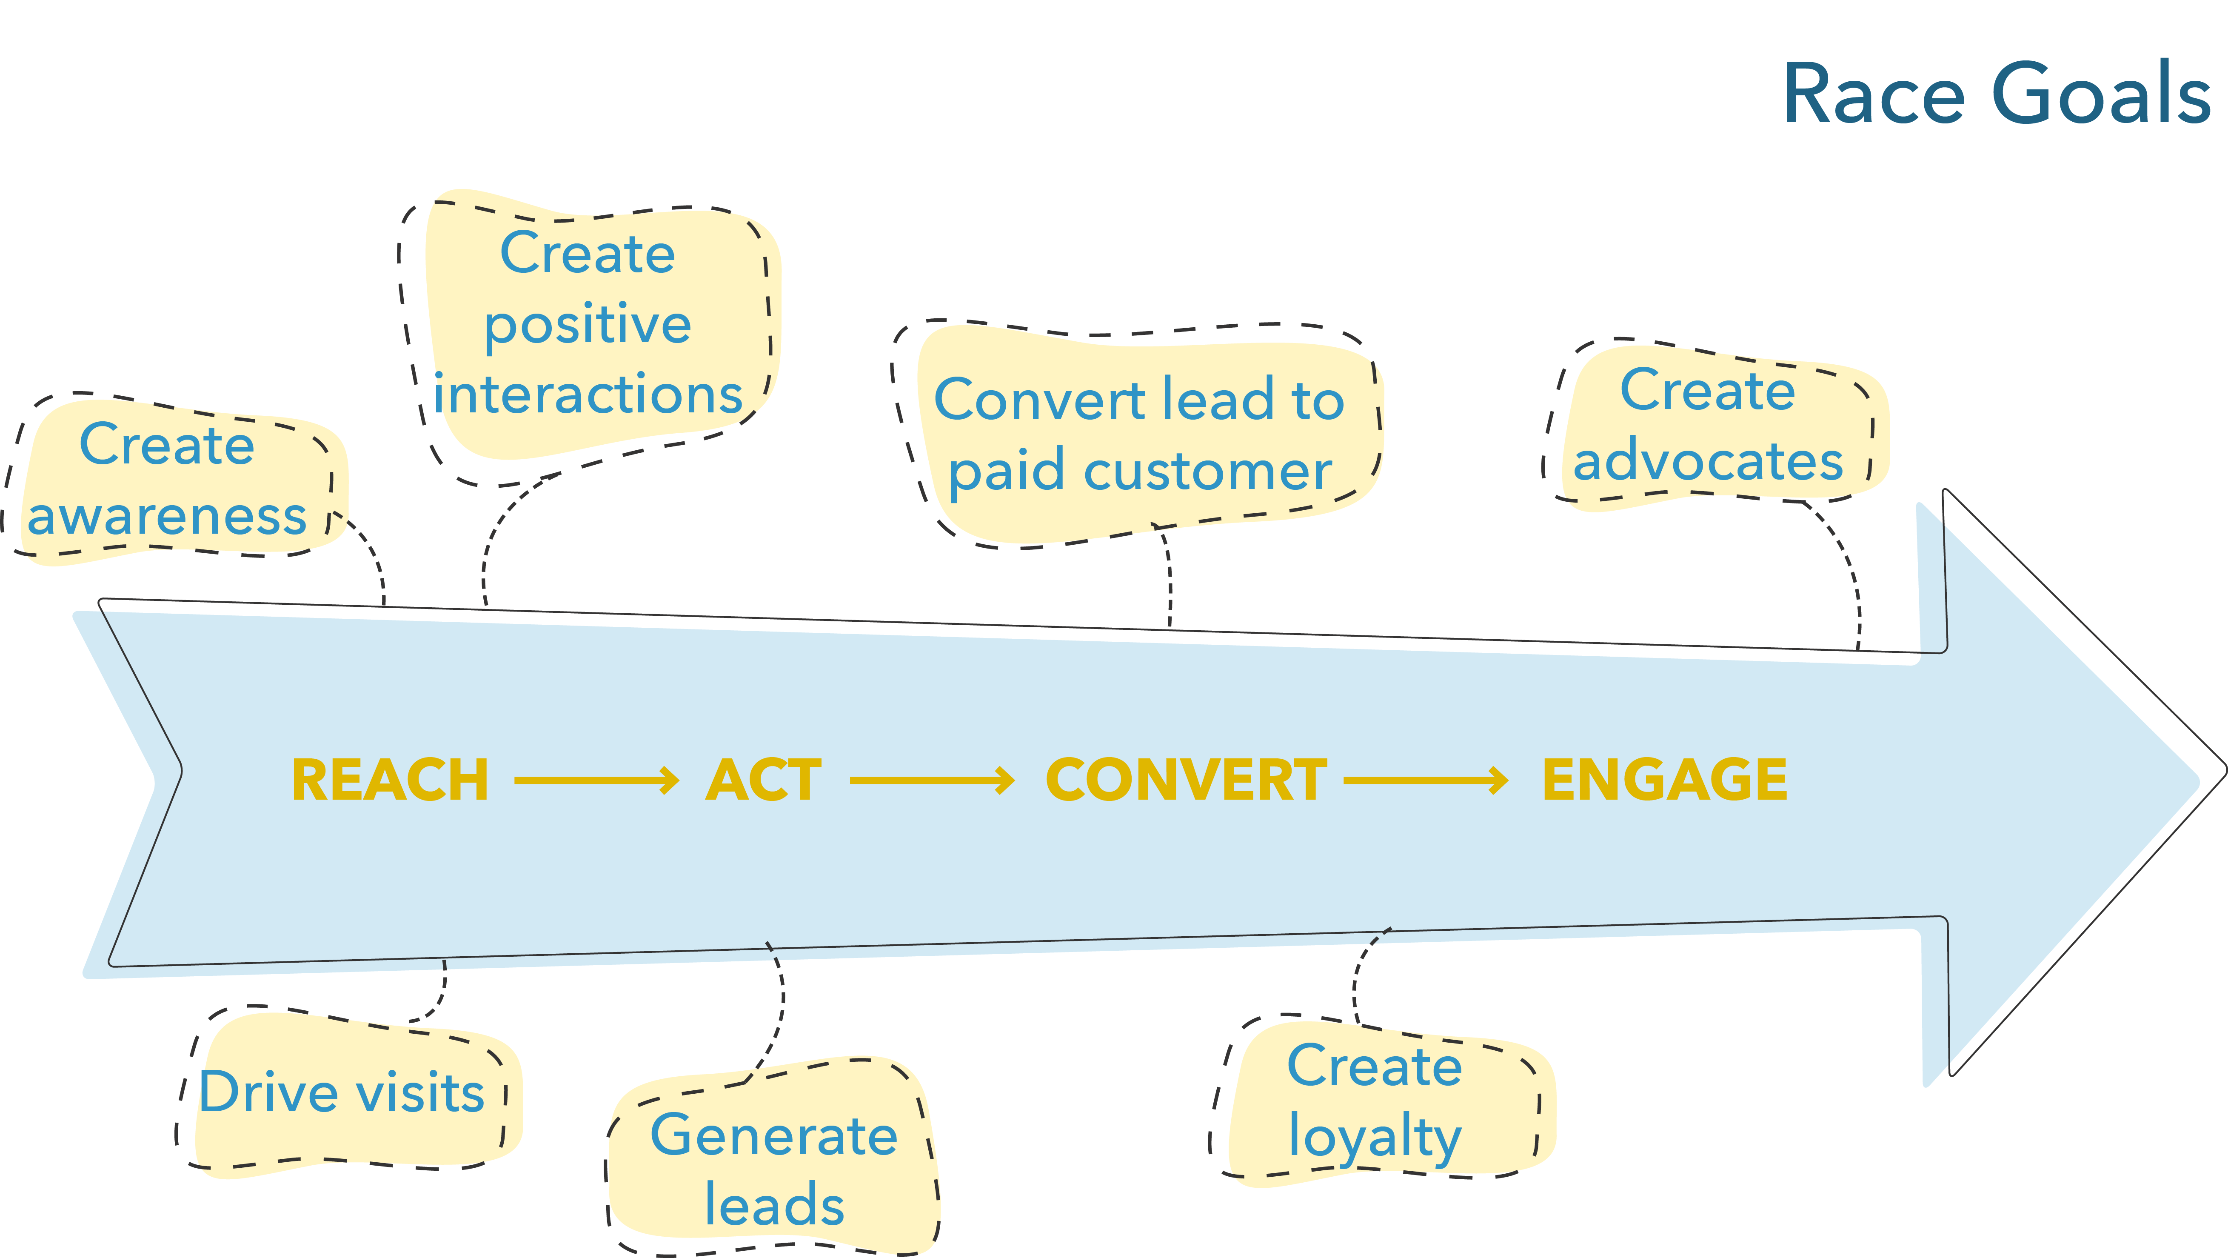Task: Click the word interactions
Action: (588, 395)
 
